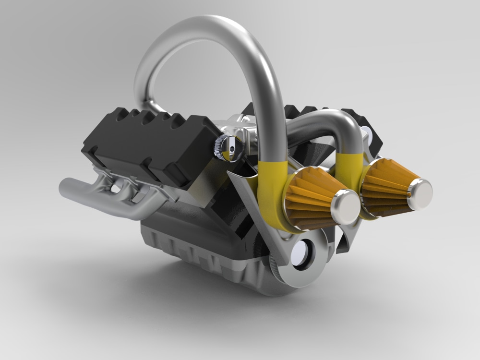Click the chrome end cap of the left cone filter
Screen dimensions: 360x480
345,206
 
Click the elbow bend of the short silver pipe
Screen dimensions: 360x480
350,122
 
